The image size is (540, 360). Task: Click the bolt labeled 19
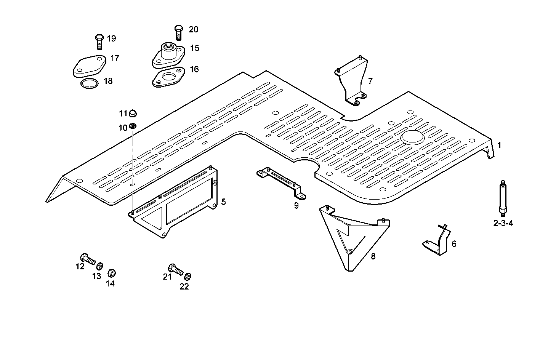click(99, 42)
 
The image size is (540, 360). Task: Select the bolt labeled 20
click(178, 33)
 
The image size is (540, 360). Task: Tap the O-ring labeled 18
click(90, 83)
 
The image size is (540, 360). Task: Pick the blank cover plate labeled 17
click(89, 66)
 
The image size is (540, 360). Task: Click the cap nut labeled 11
click(133, 113)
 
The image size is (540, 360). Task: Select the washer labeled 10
click(133, 126)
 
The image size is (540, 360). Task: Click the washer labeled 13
click(100, 265)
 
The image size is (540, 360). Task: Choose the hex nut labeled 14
click(112, 273)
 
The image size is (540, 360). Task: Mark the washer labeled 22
click(187, 275)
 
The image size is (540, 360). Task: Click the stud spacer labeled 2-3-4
click(502, 198)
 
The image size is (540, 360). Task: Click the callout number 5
click(223, 202)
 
